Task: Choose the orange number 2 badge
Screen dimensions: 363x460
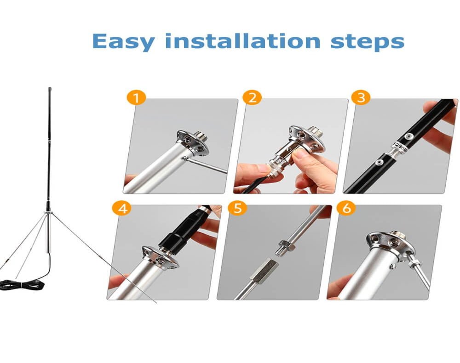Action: coord(252,97)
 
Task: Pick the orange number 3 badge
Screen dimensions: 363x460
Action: coord(361,97)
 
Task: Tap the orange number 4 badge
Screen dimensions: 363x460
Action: coord(122,208)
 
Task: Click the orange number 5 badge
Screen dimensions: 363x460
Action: coord(237,208)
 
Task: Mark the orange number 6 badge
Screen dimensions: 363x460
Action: coord(346,208)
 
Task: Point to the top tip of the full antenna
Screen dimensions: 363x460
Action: coord(49,88)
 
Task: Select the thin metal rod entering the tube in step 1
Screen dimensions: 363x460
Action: coord(207,165)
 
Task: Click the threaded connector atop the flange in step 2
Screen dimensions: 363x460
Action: coord(313,131)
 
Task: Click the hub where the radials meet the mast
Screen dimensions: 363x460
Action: coord(47,211)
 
